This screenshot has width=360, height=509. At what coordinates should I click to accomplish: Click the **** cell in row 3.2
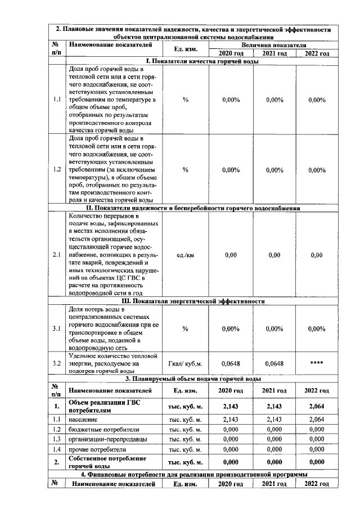317,363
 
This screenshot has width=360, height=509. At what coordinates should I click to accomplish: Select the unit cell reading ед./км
185,255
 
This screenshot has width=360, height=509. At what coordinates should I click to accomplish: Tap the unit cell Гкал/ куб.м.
185,363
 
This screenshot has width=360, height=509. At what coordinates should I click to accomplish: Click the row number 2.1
57,255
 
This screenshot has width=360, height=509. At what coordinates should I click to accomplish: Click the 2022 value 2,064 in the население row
317,419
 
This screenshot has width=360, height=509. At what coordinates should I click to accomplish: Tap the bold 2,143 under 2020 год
231,406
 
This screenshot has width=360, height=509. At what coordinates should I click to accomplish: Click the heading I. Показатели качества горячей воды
199,61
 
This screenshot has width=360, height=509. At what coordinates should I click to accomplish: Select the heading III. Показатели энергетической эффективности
199,301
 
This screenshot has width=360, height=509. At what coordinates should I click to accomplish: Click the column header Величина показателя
273,44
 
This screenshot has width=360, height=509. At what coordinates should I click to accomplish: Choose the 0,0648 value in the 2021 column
274,363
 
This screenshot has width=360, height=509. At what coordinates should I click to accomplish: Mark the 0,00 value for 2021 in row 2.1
274,255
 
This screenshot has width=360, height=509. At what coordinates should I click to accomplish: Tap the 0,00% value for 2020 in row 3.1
231,328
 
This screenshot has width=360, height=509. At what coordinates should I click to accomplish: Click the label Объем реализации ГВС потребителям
101,406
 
